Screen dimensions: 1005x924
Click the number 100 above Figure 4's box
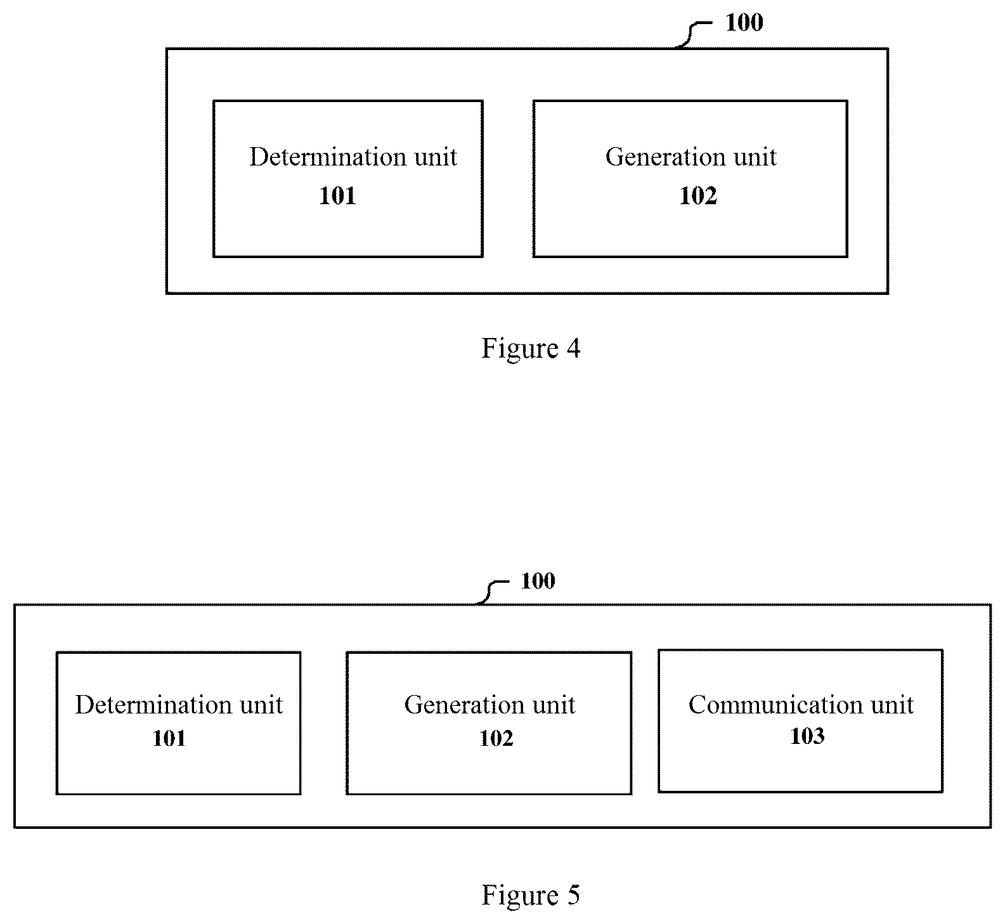click(744, 23)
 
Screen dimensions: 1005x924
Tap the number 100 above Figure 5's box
click(538, 581)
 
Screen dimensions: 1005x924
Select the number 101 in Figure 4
click(337, 195)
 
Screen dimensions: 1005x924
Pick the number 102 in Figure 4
click(698, 195)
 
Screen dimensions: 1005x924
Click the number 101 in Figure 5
click(169, 738)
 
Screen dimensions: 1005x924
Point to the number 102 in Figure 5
click(496, 738)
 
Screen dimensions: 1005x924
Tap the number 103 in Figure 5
click(807, 736)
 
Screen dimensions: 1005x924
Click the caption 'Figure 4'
click(531, 348)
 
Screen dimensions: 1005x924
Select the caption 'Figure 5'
click(531, 895)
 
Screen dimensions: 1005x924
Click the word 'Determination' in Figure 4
click(328, 157)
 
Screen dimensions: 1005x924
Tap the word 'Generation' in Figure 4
click(665, 157)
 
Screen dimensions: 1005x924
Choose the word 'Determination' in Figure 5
click(153, 705)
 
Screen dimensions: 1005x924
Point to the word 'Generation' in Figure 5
click(464, 705)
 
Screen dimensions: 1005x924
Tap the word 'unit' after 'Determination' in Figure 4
click(436, 157)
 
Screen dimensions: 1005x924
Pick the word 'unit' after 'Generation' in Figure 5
click(554, 705)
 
